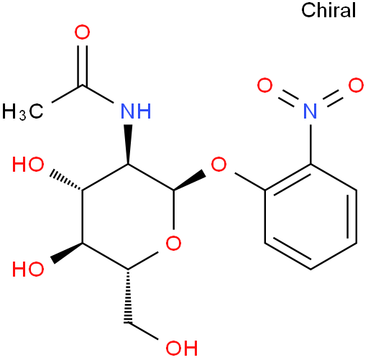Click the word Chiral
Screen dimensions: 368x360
(328, 10)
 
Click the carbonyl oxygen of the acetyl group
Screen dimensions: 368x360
(82, 32)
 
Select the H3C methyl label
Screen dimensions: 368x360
(23, 111)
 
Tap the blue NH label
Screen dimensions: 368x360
(136, 111)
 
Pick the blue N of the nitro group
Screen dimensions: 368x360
(310, 111)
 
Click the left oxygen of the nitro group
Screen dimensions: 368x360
(264, 85)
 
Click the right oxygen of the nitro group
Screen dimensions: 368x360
(356, 85)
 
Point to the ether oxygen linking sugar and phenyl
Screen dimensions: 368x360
(218, 164)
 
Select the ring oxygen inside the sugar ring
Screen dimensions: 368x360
(173, 243)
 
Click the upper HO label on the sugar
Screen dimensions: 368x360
(28, 165)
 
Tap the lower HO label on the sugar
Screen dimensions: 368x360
(28, 269)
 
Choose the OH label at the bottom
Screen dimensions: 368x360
(182, 348)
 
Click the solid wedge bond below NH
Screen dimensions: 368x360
(128, 144)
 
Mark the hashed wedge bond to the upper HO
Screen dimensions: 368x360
(66, 180)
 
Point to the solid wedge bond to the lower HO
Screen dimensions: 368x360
(66, 253)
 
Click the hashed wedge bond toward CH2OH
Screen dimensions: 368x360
(128, 297)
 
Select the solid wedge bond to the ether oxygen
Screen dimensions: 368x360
(190, 180)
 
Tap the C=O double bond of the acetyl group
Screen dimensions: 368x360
(82, 65)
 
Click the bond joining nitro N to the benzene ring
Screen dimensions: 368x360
(310, 144)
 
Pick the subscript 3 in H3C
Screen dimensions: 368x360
(22, 115)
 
